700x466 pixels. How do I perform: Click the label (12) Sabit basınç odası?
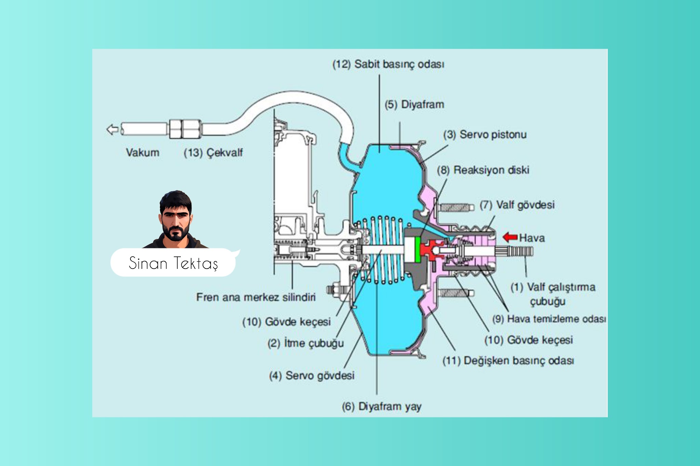tap(388, 64)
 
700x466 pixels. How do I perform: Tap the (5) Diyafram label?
tap(414, 105)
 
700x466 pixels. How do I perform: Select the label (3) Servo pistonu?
tap(485, 135)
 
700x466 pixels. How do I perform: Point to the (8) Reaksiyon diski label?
tap(483, 170)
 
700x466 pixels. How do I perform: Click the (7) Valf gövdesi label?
tap(517, 205)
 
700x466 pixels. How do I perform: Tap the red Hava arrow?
tap(510, 237)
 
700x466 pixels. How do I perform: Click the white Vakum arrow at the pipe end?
tap(112, 129)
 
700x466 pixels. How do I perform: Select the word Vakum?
tap(143, 152)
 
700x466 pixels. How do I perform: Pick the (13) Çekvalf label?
tap(213, 152)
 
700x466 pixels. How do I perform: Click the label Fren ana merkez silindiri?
tap(256, 297)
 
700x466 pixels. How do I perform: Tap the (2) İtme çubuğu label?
tap(305, 343)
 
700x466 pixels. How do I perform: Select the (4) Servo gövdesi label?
tap(311, 375)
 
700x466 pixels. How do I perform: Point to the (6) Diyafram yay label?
tap(381, 407)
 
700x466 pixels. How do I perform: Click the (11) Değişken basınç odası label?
tap(508, 361)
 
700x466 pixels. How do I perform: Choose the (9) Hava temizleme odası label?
tap(549, 319)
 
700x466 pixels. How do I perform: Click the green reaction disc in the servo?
tap(417, 249)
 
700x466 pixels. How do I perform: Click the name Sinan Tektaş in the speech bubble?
tap(173, 263)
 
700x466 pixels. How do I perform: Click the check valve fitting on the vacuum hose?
tap(185, 129)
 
